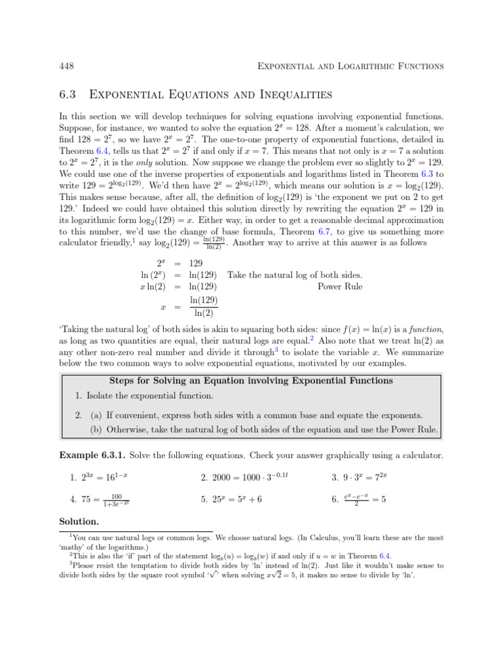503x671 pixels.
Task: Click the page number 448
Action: tap(67, 66)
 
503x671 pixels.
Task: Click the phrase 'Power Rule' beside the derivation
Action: tap(340, 286)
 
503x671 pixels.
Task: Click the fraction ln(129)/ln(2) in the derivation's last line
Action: tap(203, 307)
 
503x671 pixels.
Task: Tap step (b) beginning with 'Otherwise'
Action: tap(263, 430)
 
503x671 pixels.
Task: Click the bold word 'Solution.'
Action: tap(79, 523)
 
